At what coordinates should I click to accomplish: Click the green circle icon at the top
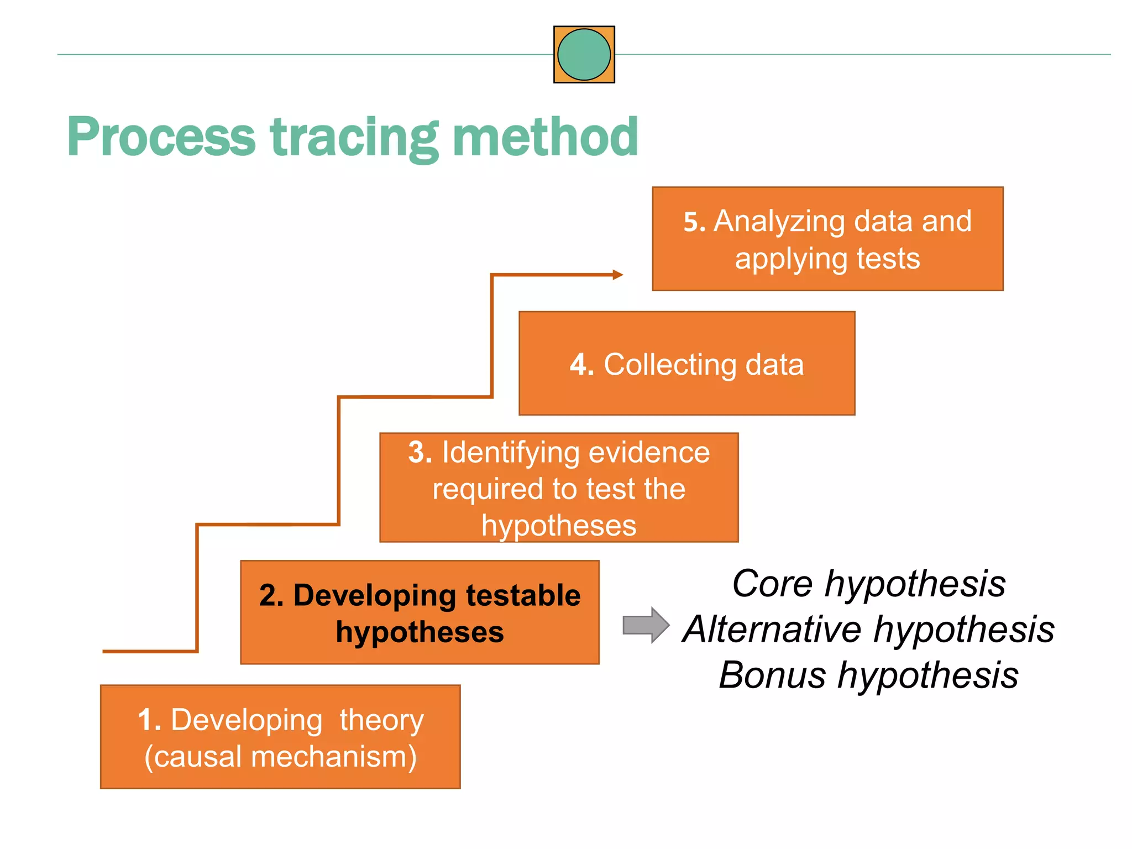(584, 55)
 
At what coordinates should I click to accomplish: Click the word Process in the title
(161, 137)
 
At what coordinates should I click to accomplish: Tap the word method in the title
(545, 137)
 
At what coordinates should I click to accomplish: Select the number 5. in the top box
(694, 222)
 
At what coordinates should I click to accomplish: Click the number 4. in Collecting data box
(581, 365)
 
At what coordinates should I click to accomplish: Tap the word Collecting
(669, 365)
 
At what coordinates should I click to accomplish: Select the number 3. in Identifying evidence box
(420, 452)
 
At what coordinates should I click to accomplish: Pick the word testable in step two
(523, 596)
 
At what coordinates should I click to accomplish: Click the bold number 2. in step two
(271, 596)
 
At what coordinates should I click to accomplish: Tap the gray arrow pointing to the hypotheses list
(646, 625)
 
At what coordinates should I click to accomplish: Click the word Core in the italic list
(773, 584)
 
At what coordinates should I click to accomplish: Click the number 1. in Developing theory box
(149, 720)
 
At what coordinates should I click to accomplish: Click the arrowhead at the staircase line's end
(618, 275)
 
